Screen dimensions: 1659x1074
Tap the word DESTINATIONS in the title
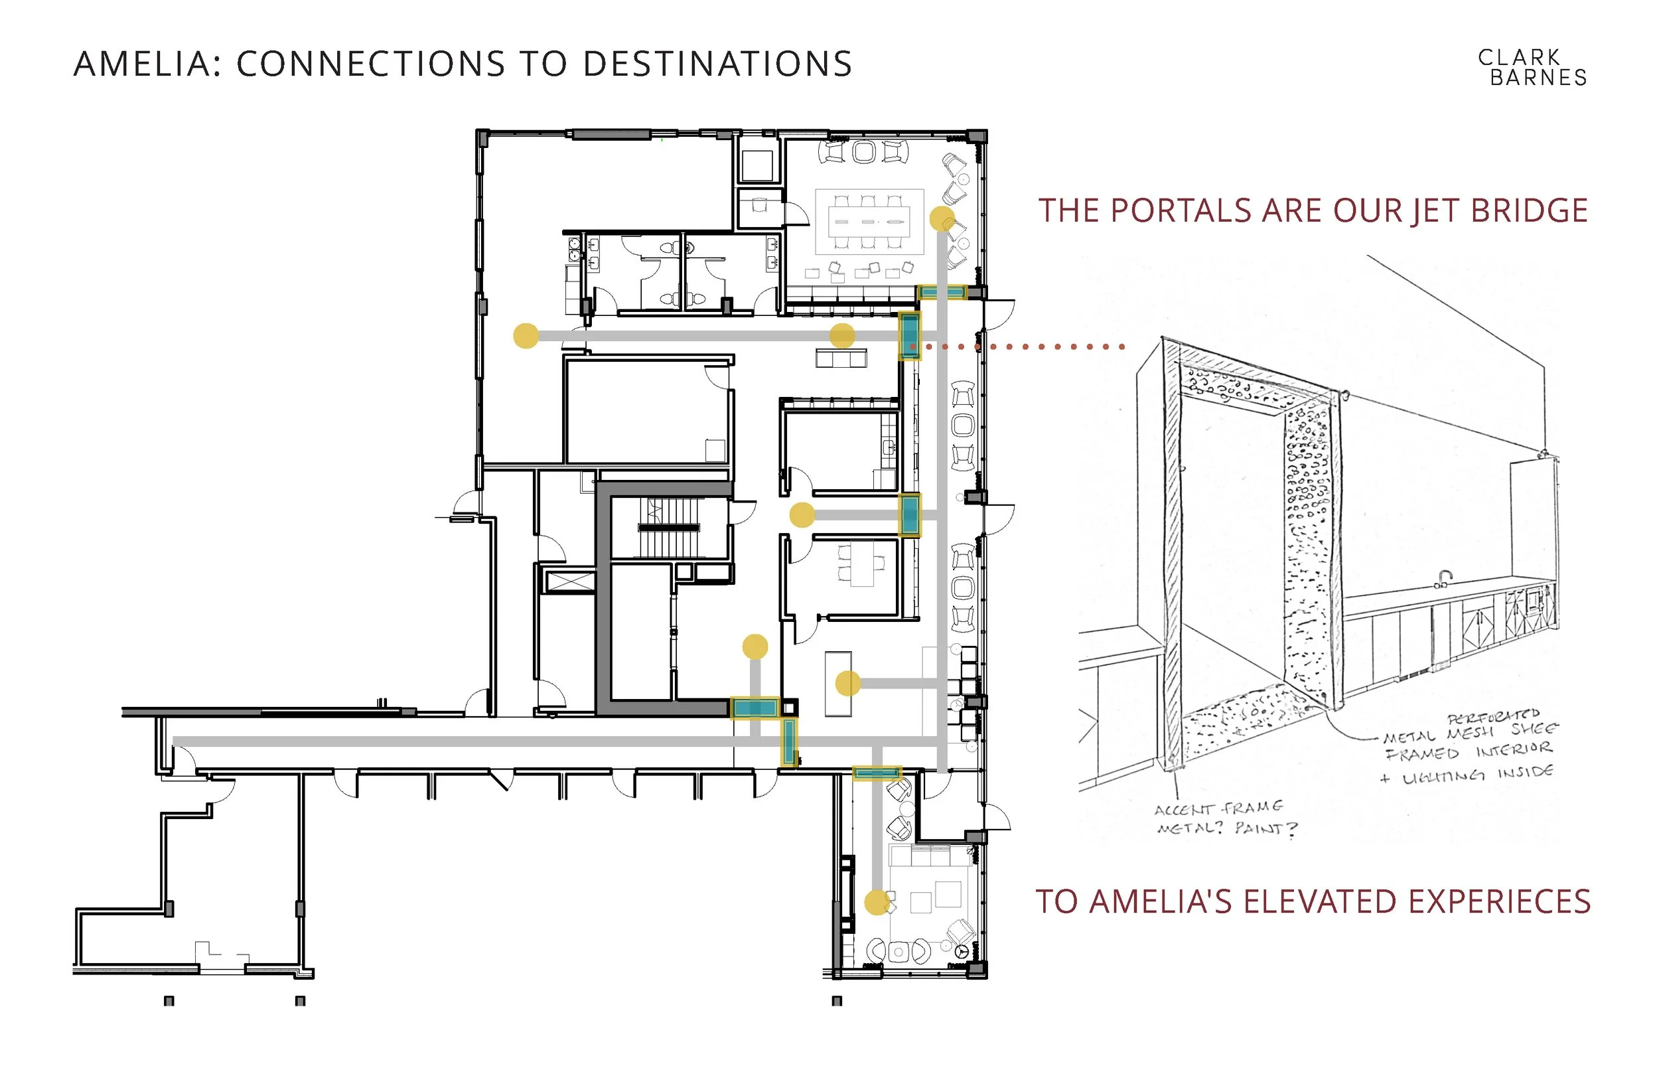click(x=717, y=64)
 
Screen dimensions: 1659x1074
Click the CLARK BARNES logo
click(x=1532, y=68)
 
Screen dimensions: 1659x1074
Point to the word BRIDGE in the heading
click(x=1530, y=210)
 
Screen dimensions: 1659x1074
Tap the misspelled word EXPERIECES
click(x=1499, y=901)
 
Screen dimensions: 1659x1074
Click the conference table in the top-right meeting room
click(x=869, y=222)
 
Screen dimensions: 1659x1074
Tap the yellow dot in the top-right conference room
click(x=942, y=219)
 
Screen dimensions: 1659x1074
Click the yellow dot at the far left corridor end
click(x=526, y=335)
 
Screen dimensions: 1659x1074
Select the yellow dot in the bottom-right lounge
click(x=877, y=903)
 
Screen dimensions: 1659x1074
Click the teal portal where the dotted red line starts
click(x=909, y=335)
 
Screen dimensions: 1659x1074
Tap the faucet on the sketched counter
click(x=1445, y=579)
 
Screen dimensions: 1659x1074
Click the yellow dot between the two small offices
click(x=802, y=515)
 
